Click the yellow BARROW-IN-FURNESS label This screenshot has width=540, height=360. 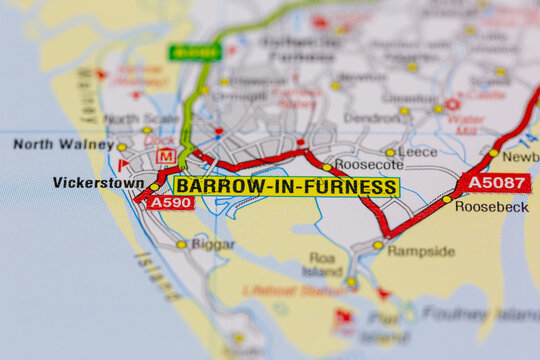(286, 187)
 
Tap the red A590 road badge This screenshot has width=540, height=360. (171, 202)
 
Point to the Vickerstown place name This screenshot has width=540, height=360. (97, 183)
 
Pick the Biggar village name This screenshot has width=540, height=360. (213, 243)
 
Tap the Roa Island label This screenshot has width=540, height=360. (323, 264)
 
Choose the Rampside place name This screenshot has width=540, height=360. (420, 251)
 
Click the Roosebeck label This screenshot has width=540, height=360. (491, 206)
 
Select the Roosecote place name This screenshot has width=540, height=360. (368, 165)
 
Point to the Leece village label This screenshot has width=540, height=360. (418, 152)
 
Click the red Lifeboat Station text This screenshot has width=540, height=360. (297, 291)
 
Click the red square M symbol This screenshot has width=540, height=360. (166, 156)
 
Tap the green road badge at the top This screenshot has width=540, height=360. (195, 52)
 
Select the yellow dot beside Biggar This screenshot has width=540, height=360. (182, 244)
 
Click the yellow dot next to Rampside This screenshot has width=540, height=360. (378, 245)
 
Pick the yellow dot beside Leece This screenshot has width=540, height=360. (390, 153)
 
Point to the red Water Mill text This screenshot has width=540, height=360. (465, 124)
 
